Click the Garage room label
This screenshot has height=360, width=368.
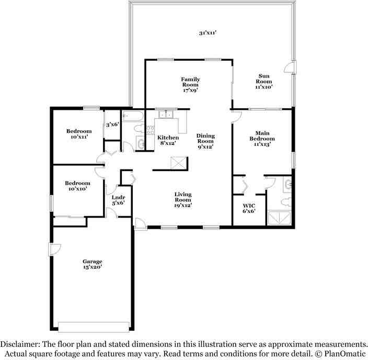click(x=92, y=262)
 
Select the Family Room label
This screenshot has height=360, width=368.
click(x=191, y=82)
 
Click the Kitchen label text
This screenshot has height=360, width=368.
click(x=168, y=138)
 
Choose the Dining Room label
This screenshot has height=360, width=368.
click(x=205, y=139)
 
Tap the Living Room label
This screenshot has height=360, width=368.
click(x=183, y=197)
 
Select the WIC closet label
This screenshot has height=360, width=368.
click(x=248, y=206)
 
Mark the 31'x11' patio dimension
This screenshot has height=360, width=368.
click(x=208, y=33)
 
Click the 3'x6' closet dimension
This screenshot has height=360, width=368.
click(x=112, y=125)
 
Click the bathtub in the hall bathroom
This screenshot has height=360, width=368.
click(x=134, y=115)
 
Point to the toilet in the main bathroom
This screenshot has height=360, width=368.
click(x=285, y=201)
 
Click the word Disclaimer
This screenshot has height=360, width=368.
click(x=21, y=345)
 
